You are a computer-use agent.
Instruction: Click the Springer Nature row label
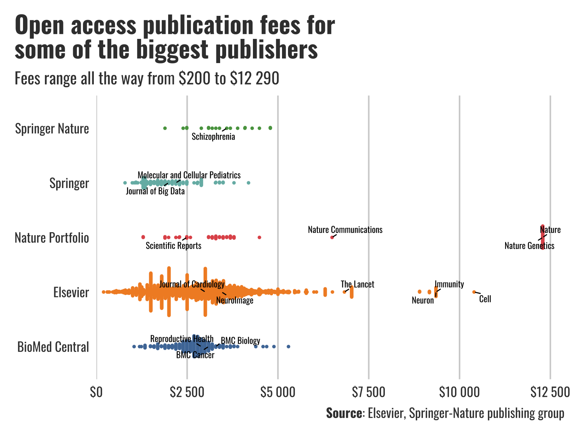tap(52, 129)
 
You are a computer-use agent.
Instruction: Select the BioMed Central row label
tap(53, 347)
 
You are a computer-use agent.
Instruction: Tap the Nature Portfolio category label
tap(52, 238)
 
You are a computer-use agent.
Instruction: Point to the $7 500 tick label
tap(368, 392)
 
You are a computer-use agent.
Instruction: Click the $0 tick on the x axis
tap(96, 392)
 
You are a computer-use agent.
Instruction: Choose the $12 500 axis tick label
tap(550, 392)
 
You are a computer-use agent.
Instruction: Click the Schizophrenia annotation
tap(213, 137)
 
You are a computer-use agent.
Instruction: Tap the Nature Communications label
tap(345, 230)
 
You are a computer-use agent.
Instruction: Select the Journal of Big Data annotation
tap(155, 191)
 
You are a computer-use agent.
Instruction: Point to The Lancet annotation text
tap(357, 284)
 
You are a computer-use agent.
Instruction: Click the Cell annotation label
tap(485, 299)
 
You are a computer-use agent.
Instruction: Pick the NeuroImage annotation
tap(235, 301)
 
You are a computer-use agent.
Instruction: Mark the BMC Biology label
tap(240, 341)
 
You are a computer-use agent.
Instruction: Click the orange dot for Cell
tap(474, 292)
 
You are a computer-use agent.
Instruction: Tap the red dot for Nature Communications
tap(332, 237)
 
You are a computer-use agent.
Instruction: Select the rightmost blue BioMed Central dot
tap(288, 347)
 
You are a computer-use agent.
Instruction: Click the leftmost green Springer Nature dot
tap(165, 128)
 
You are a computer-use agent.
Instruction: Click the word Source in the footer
tap(344, 413)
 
